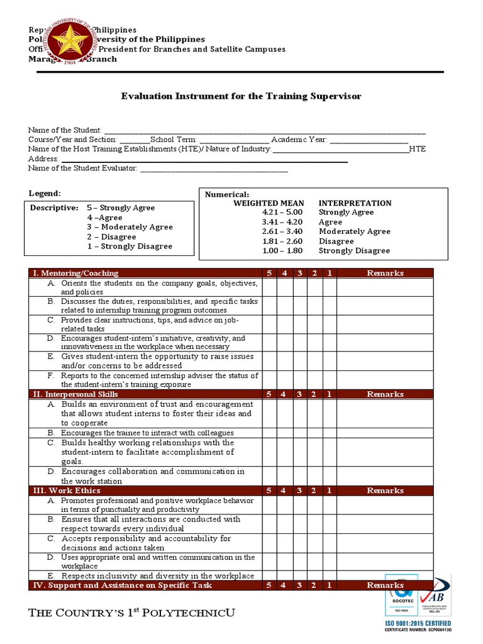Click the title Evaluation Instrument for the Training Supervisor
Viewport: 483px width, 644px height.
[x=241, y=96]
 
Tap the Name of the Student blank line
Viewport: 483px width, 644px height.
[x=264, y=130]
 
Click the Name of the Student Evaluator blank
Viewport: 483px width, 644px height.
[x=214, y=169]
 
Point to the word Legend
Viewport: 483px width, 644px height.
[x=45, y=193]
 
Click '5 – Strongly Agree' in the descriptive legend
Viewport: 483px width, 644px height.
[x=121, y=208]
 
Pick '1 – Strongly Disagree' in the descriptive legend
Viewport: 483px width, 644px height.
[x=130, y=247]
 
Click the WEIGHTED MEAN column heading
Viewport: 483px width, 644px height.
[x=269, y=203]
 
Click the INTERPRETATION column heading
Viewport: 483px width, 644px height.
[x=355, y=203]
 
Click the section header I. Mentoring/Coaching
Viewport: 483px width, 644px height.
[x=75, y=273]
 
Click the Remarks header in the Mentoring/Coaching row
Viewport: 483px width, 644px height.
[x=385, y=273]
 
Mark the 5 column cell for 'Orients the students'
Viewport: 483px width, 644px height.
[x=269, y=287]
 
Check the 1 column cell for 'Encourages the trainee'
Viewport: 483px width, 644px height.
[x=330, y=433]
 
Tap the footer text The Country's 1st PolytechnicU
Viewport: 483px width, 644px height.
[x=131, y=613]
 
